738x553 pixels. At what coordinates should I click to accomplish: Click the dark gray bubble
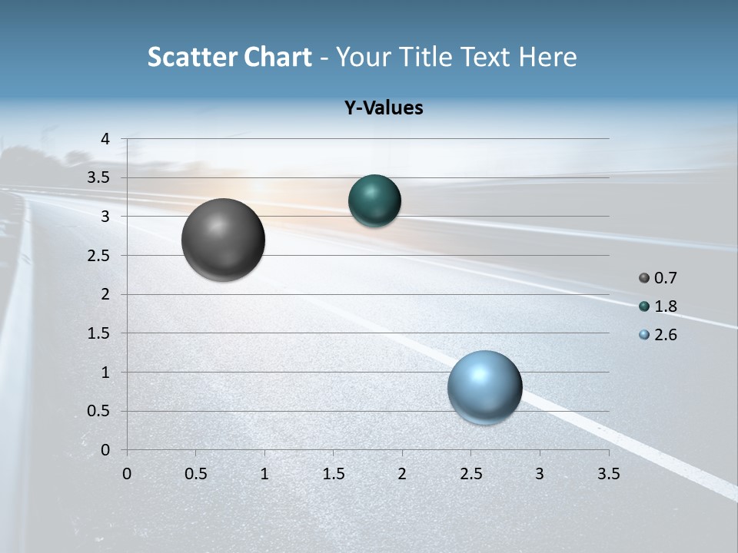pos(224,240)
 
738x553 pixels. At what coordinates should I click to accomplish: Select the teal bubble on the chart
pos(374,201)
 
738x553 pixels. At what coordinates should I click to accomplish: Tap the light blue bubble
pos(484,387)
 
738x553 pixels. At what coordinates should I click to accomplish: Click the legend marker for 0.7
pos(644,278)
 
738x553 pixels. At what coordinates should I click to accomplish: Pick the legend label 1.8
pos(665,306)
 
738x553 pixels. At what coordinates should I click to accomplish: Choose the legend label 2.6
pos(665,335)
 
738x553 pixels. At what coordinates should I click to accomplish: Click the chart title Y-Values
pos(384,108)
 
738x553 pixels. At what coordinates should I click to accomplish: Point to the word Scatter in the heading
pos(191,57)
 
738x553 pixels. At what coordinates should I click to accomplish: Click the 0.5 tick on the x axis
pos(195,474)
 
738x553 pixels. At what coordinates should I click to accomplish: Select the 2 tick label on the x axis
pos(402,474)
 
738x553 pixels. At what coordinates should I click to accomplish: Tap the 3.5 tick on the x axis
pos(608,474)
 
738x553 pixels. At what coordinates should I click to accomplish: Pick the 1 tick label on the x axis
pos(264,474)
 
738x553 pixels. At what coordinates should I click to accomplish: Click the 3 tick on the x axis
pos(540,474)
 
